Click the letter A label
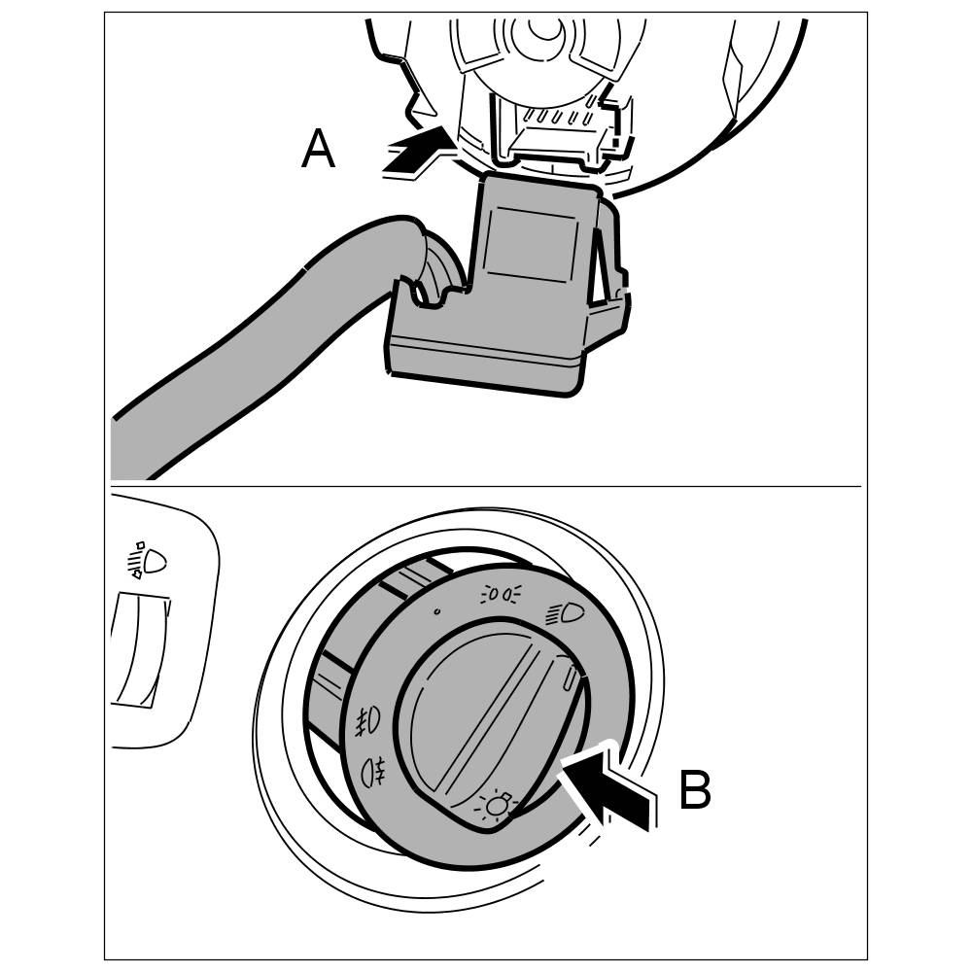[318, 152]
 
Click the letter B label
[695, 790]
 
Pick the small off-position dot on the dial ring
[436, 612]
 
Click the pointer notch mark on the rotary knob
[568, 673]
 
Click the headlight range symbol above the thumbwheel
[148, 561]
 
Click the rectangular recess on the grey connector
[530, 242]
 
